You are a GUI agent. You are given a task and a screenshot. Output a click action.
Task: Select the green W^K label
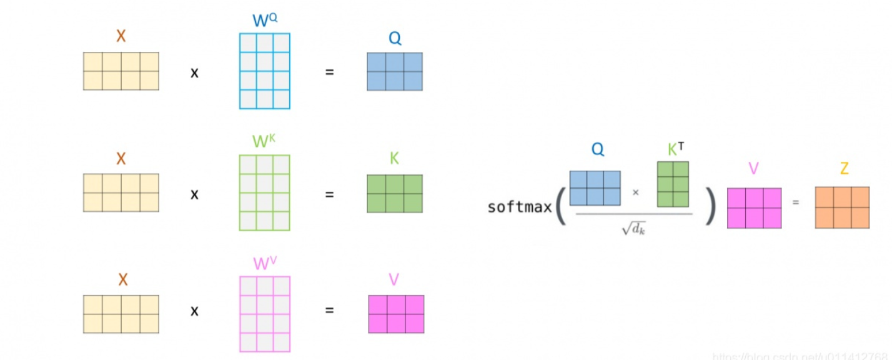tap(264, 141)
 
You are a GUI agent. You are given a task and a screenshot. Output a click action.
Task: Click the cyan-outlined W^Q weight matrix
tap(265, 71)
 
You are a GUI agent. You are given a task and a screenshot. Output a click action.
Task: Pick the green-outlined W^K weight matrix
tap(265, 192)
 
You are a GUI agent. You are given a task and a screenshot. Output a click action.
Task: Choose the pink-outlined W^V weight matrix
tap(265, 314)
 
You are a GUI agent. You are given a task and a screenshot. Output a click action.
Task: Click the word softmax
tap(520, 207)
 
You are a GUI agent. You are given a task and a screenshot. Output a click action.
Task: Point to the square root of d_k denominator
tap(633, 229)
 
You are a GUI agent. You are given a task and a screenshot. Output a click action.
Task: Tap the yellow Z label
tap(844, 169)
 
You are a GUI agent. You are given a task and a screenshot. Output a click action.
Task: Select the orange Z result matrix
tap(842, 207)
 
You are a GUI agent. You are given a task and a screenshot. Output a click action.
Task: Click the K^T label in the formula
tap(675, 149)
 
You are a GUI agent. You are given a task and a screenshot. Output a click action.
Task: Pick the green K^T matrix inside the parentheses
tap(673, 184)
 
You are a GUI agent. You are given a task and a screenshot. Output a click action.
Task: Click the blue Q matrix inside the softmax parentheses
tap(595, 188)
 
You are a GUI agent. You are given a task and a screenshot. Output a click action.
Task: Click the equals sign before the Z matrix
tap(796, 202)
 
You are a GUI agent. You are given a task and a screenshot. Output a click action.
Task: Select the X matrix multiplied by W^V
tap(121, 314)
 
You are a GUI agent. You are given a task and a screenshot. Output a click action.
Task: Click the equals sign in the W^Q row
tap(329, 72)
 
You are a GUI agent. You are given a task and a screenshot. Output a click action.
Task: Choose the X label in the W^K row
tap(121, 159)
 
